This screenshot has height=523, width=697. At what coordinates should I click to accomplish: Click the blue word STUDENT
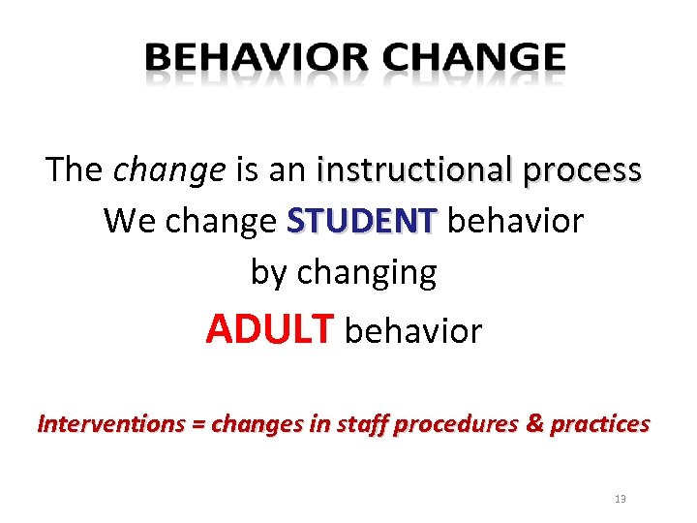[x=363, y=221]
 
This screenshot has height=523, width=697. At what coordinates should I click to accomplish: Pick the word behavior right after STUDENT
[x=516, y=221]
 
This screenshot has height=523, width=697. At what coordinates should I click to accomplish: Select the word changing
[x=367, y=274]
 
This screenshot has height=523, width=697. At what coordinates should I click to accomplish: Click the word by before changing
[x=269, y=274]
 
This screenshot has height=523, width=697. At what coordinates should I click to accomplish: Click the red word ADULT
[x=269, y=330]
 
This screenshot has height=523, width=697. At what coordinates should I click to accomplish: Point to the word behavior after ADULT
[x=413, y=331]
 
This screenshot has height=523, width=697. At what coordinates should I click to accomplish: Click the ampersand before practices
[x=534, y=423]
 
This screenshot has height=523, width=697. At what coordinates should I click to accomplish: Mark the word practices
[x=600, y=424]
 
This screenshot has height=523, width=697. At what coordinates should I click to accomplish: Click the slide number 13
[x=621, y=499]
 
